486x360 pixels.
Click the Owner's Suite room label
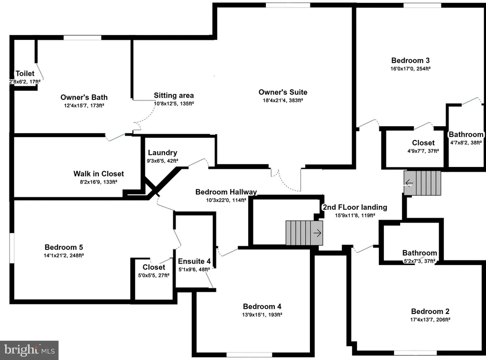click(x=283, y=92)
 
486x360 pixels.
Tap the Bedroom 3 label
click(x=411, y=60)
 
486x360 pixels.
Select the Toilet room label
click(x=25, y=74)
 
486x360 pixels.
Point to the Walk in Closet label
click(x=98, y=174)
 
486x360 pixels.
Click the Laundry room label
click(x=162, y=153)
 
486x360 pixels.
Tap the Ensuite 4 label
click(x=194, y=261)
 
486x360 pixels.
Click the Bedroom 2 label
click(x=430, y=312)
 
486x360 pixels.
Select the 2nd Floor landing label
click(x=355, y=207)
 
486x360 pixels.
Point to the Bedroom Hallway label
click(x=226, y=192)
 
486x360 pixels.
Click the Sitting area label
click(x=174, y=95)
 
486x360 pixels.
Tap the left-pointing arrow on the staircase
click(x=409, y=183)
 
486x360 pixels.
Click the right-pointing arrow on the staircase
click(x=317, y=233)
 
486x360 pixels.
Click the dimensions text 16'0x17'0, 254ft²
click(x=411, y=69)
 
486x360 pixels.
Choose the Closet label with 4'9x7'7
click(x=423, y=143)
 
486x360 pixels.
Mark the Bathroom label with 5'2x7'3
click(x=420, y=253)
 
